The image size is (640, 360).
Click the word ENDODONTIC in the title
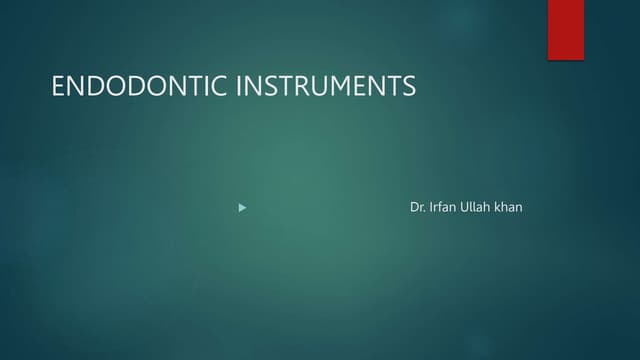[x=141, y=87]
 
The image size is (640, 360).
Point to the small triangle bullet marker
[x=242, y=208]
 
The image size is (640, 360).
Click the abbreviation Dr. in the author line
[x=418, y=208]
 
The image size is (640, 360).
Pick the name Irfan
[x=444, y=208]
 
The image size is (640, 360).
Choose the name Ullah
[x=480, y=208]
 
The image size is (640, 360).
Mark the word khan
[x=509, y=208]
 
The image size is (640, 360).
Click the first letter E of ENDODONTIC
[x=58, y=87]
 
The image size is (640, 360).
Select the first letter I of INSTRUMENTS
[x=239, y=87]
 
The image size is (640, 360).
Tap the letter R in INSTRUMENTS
[x=304, y=87]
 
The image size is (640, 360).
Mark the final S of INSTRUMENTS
[x=408, y=87]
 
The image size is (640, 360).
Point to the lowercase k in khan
[x=499, y=208]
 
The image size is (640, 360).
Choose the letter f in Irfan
[x=442, y=208]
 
